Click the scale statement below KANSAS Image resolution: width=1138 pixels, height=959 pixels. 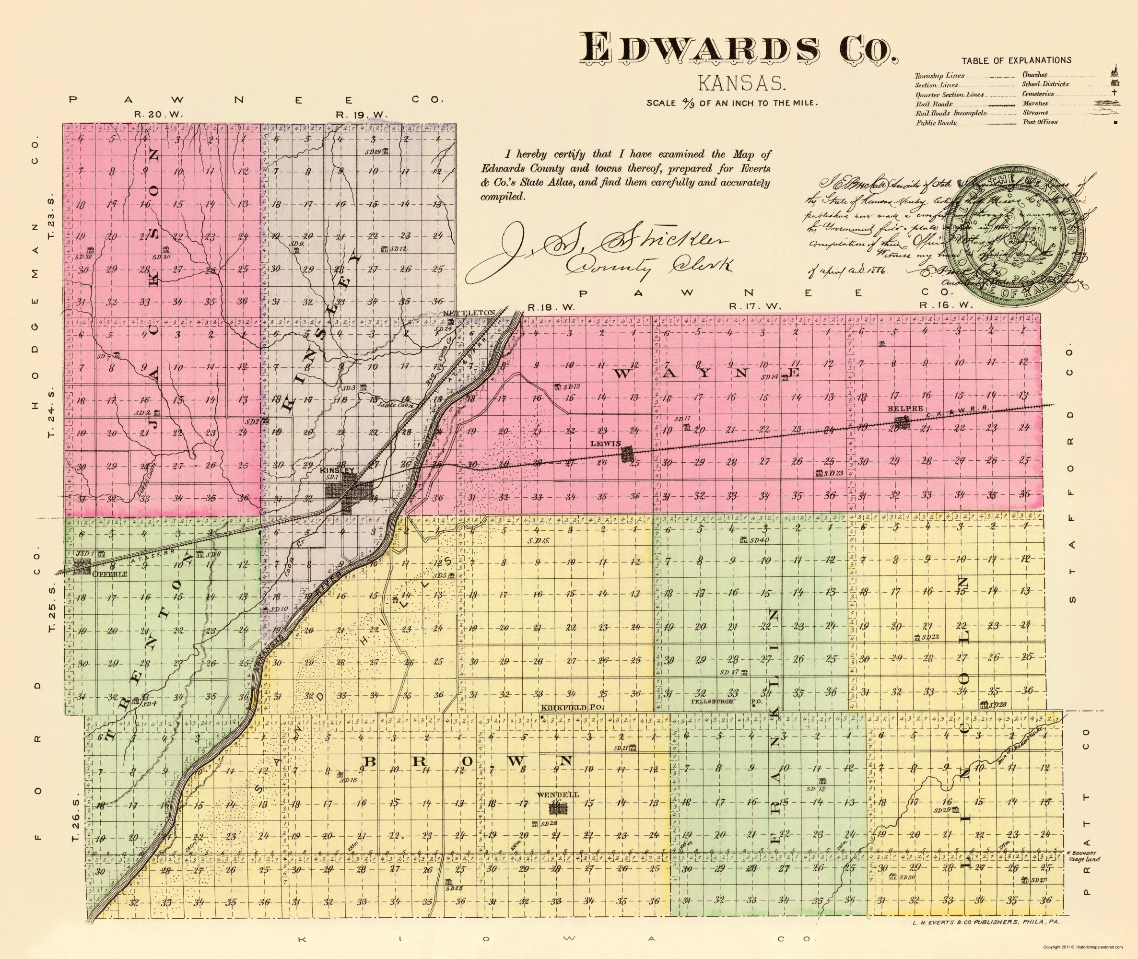[x=732, y=103]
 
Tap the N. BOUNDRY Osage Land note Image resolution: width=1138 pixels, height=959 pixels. [x=1083, y=856]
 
